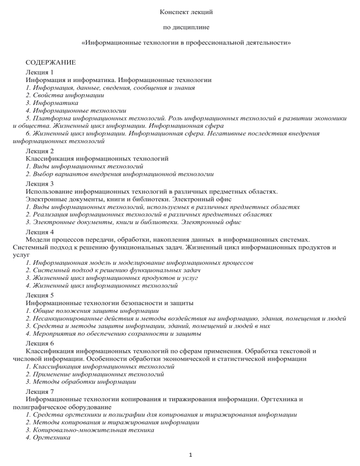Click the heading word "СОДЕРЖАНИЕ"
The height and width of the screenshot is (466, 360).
pyautogui.click(x=50, y=62)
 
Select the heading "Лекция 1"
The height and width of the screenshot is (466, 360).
pyautogui.click(x=40, y=72)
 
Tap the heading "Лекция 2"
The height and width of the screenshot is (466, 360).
pyautogui.click(x=40, y=151)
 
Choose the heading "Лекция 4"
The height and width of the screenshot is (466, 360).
pyautogui.click(x=40, y=232)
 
